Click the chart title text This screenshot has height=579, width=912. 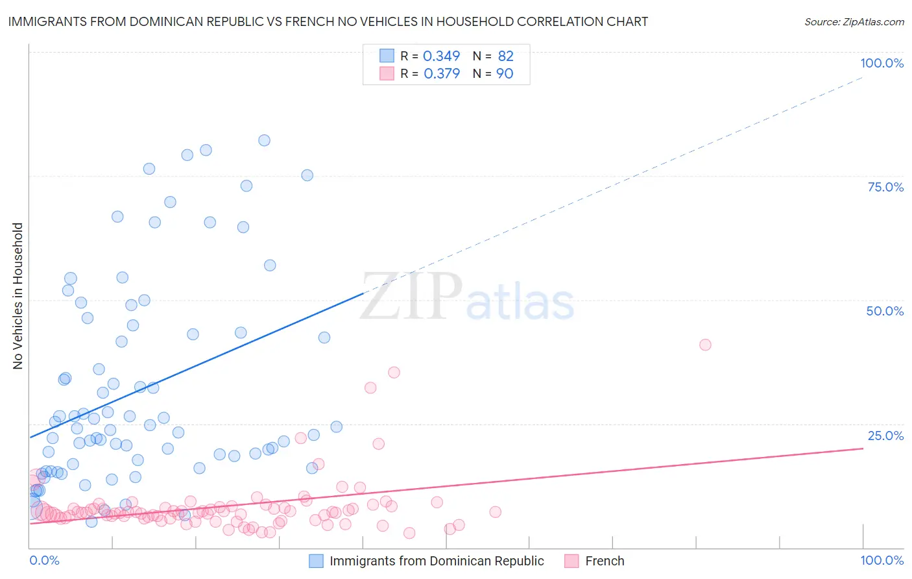(328, 21)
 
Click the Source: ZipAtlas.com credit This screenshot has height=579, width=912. (854, 21)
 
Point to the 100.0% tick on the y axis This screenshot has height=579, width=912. (882, 63)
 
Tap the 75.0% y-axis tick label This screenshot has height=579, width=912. (885, 187)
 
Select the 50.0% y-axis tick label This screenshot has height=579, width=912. (885, 311)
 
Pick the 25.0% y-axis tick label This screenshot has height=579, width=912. (885, 436)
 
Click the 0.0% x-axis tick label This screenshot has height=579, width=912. (44, 560)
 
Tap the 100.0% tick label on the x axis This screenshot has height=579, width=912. (882, 560)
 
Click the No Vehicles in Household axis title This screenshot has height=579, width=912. (18, 296)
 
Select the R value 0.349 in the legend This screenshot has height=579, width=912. (441, 56)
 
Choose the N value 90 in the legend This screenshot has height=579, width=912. (505, 74)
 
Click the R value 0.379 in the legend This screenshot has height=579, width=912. (442, 74)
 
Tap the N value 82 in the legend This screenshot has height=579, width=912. (505, 56)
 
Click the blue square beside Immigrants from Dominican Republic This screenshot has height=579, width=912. (316, 561)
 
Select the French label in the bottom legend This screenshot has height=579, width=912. (605, 561)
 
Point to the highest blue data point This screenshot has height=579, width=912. (264, 140)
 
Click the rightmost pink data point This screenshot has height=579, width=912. (705, 345)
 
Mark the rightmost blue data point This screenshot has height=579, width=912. (336, 426)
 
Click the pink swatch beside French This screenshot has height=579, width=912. (571, 561)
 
